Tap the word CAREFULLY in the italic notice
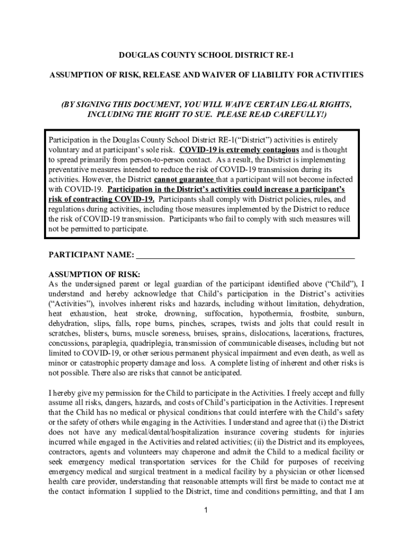(x=294, y=115)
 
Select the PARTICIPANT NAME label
(x=91, y=254)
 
